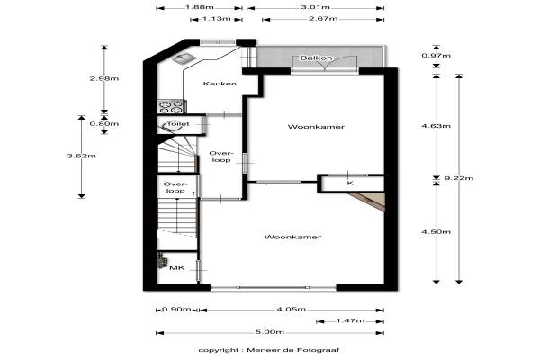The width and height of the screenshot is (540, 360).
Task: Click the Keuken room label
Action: tap(220, 84)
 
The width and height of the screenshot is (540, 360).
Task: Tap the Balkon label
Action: tap(317, 58)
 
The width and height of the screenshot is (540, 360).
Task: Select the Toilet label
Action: tap(178, 124)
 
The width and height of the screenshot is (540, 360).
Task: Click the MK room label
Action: tap(177, 267)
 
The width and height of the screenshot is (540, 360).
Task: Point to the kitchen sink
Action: tap(184, 58)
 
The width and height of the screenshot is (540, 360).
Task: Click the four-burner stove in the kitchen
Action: tap(171, 106)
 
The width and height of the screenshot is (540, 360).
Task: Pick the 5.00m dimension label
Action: tap(270, 332)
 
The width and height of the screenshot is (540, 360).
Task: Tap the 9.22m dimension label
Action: tap(459, 178)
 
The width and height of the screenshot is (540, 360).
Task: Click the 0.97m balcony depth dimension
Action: tap(436, 56)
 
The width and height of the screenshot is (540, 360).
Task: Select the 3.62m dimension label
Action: tap(82, 156)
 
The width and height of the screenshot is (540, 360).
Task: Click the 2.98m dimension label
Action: tap(104, 78)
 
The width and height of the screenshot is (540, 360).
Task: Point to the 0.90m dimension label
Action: tap(176, 310)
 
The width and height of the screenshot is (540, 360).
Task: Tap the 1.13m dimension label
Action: tap(216, 19)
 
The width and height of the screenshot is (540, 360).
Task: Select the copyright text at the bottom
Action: tap(269, 350)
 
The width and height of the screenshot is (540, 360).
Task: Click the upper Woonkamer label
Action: tap(316, 127)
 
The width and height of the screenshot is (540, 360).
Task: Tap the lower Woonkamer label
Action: tap(292, 237)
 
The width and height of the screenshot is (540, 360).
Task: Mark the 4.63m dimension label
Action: tap(436, 126)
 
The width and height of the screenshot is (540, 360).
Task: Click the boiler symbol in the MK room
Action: tap(161, 260)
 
